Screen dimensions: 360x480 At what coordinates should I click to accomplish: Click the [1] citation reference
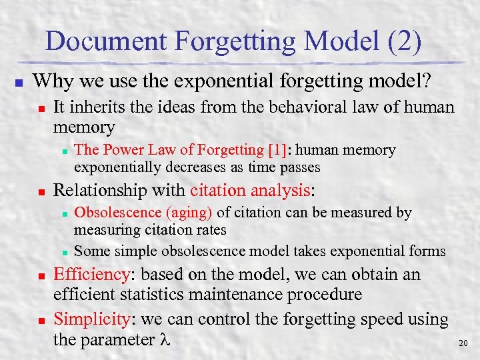[x=278, y=151]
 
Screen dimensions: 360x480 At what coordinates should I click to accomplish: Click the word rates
[x=209, y=229]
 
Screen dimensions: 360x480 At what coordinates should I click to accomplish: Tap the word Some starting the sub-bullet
[x=92, y=251]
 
